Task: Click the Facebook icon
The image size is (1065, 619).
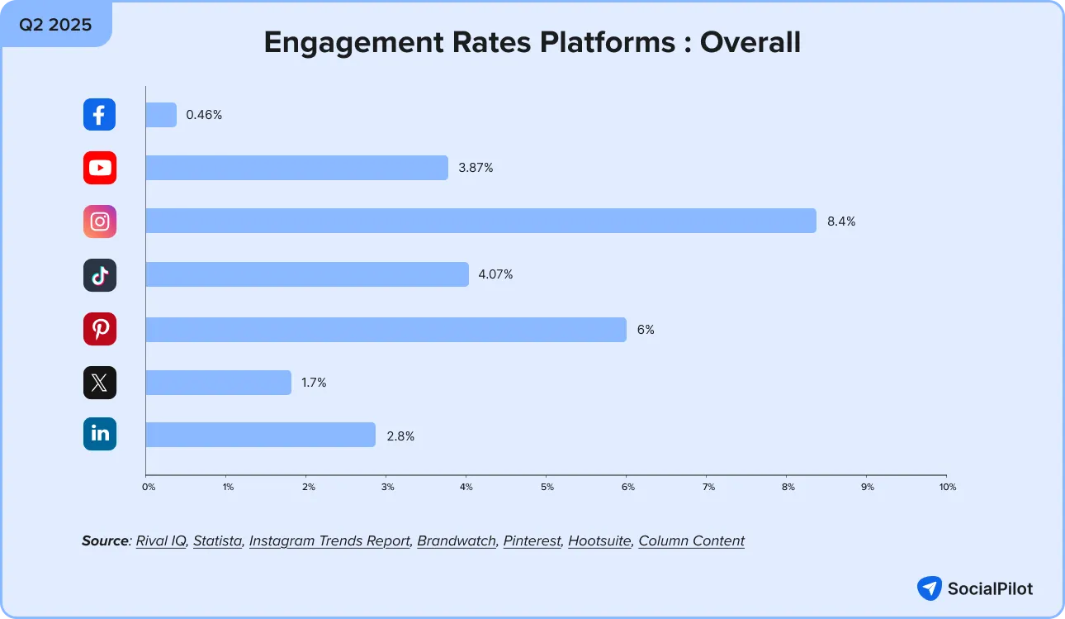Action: point(99,115)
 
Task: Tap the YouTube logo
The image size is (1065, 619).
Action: point(99,168)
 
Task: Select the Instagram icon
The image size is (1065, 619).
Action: point(99,221)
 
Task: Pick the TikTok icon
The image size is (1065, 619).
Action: point(99,275)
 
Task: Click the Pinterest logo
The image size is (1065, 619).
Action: point(99,329)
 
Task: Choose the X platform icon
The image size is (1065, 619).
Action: point(99,383)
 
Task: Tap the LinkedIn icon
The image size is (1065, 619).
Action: point(99,435)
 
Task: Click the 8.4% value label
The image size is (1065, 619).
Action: point(841,221)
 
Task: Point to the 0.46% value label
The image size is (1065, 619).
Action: point(204,115)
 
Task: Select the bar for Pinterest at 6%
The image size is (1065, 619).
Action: point(386,329)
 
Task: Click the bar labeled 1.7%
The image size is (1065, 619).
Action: point(218,383)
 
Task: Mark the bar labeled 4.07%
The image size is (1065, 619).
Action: point(306,275)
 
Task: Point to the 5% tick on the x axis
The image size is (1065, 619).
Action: point(547,488)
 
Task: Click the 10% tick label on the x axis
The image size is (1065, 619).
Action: point(947,488)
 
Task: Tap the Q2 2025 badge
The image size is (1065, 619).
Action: point(55,24)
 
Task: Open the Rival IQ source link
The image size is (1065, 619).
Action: point(161,541)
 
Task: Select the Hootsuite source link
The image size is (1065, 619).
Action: point(599,541)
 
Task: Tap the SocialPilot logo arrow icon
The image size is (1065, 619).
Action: point(930,588)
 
